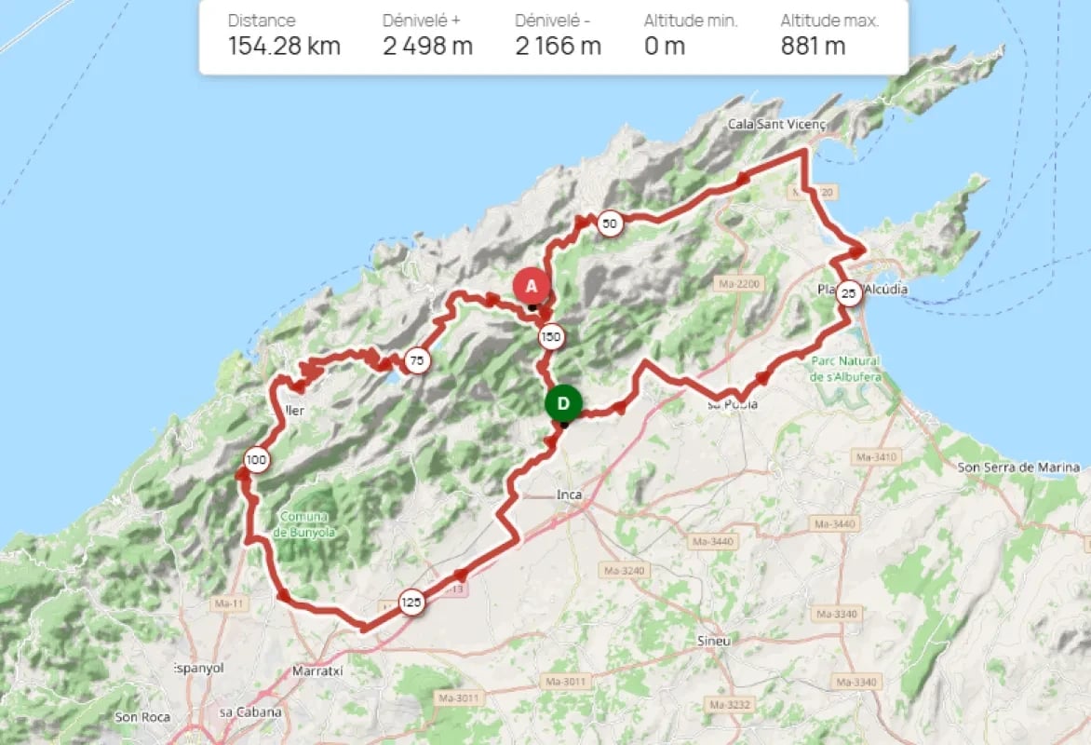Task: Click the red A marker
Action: click(x=531, y=286)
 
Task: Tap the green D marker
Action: click(x=563, y=403)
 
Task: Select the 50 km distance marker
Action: click(x=609, y=223)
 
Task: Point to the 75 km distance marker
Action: click(x=417, y=361)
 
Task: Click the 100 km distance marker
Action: click(x=257, y=459)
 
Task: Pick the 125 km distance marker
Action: click(x=411, y=603)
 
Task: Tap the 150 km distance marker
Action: click(x=551, y=337)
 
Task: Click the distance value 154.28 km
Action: click(x=284, y=46)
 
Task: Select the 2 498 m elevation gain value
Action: click(x=427, y=46)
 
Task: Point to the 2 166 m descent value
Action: click(x=558, y=46)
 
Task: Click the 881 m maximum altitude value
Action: click(x=813, y=46)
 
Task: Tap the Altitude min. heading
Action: click(x=691, y=20)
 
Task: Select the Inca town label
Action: click(x=569, y=494)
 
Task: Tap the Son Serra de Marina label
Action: click(x=1018, y=467)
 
